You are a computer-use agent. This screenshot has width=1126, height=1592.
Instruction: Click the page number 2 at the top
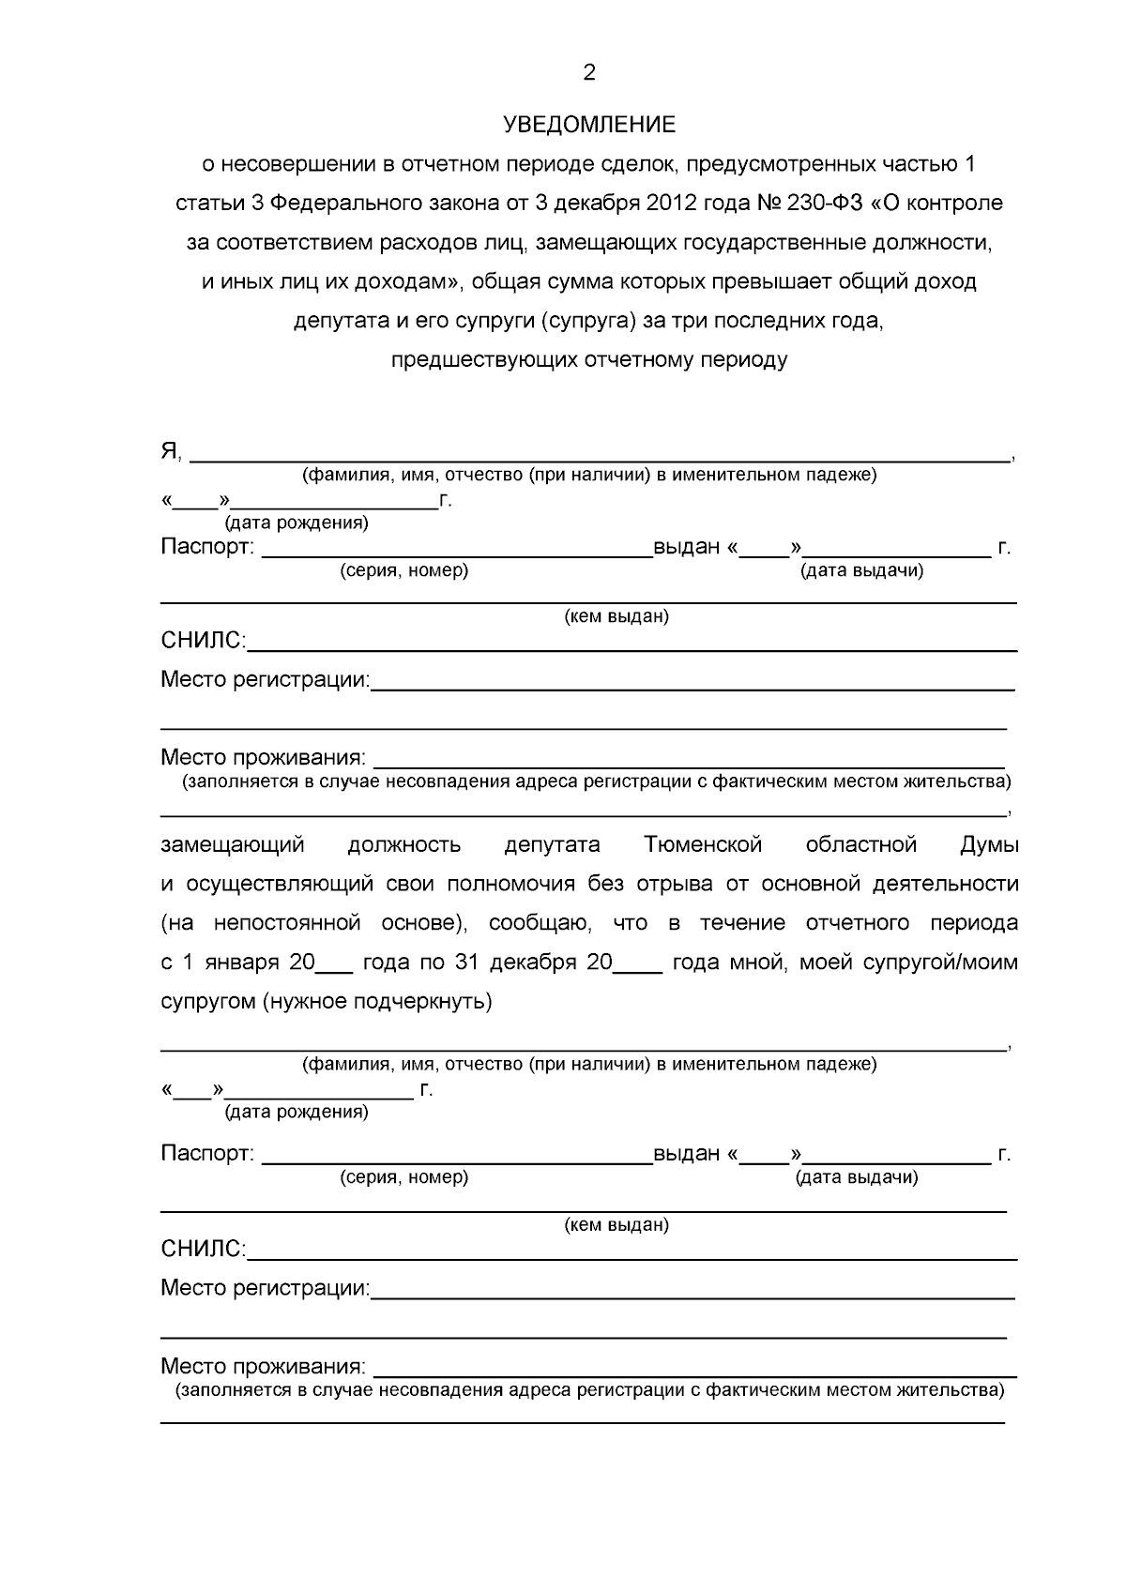pyautogui.click(x=589, y=73)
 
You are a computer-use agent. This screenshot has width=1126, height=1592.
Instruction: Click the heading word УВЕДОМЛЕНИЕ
pyautogui.click(x=588, y=125)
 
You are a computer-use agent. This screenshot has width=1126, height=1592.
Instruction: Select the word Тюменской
pyautogui.click(x=703, y=844)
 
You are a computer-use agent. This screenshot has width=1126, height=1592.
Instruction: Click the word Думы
pyautogui.click(x=989, y=844)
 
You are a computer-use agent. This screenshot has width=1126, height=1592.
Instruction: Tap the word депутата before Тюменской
pyautogui.click(x=552, y=844)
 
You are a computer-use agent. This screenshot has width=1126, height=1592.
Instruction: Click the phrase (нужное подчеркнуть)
pyautogui.click(x=377, y=1001)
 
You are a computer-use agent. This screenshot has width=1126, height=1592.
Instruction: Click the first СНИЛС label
pyautogui.click(x=203, y=642)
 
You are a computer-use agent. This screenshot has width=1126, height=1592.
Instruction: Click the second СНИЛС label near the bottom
pyautogui.click(x=203, y=1249)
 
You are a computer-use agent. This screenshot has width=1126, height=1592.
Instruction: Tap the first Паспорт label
pyautogui.click(x=206, y=547)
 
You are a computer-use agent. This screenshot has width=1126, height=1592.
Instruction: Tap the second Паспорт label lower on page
pyautogui.click(x=206, y=1154)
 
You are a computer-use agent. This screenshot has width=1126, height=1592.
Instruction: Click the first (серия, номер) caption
pyautogui.click(x=403, y=570)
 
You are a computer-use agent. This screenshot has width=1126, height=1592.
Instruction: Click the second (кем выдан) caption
pyautogui.click(x=616, y=1225)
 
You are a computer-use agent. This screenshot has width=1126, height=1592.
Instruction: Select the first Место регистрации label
pyautogui.click(x=265, y=679)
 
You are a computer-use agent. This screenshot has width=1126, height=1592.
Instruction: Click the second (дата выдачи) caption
pyautogui.click(x=857, y=1177)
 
